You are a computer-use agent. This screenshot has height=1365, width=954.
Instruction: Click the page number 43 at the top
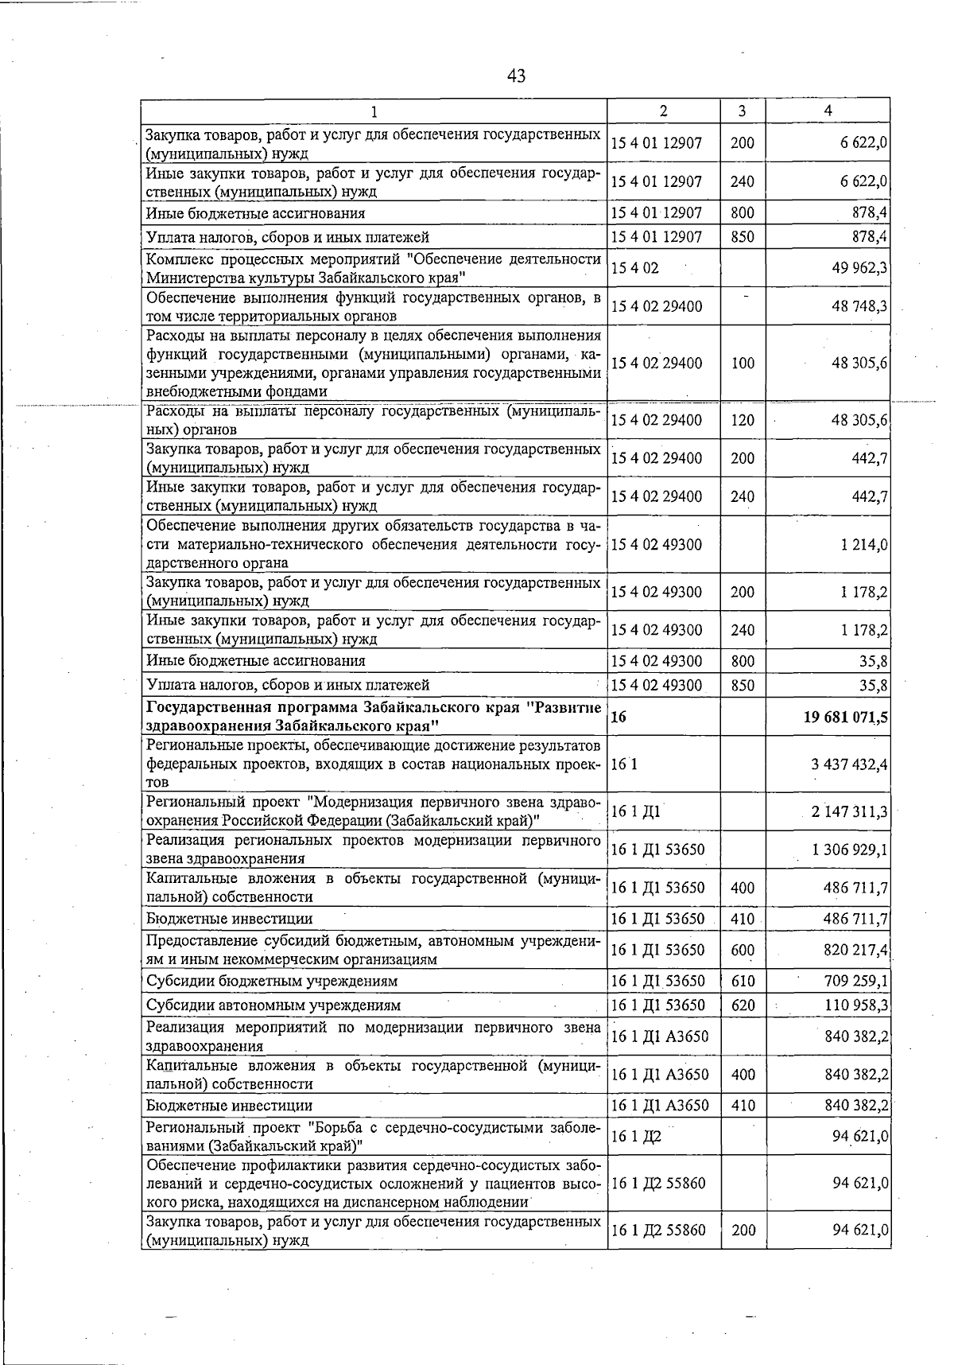516,76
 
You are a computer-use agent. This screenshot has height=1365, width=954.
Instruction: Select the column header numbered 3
743,111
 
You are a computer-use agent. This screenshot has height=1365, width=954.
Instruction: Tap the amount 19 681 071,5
846,717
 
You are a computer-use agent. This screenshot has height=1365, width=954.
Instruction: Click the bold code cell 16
619,717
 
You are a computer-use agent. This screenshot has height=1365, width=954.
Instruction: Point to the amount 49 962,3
859,268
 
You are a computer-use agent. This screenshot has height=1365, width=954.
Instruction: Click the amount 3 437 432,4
849,764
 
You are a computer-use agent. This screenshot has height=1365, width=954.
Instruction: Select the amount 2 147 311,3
849,812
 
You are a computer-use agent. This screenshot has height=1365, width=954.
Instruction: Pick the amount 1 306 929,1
850,850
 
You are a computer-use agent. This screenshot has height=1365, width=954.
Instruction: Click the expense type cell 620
743,1005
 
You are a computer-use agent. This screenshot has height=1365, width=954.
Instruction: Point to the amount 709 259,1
855,981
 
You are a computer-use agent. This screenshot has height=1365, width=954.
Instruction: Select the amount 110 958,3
856,1005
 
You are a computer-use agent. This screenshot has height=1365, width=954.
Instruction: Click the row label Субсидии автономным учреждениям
273,1005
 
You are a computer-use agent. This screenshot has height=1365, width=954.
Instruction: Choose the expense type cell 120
743,420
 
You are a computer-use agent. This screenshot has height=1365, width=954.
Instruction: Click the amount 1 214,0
863,545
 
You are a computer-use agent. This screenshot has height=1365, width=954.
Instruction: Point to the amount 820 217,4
855,951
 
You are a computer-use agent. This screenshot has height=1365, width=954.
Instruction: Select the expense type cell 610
743,981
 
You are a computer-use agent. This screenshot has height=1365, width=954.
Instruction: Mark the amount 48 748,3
859,306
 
